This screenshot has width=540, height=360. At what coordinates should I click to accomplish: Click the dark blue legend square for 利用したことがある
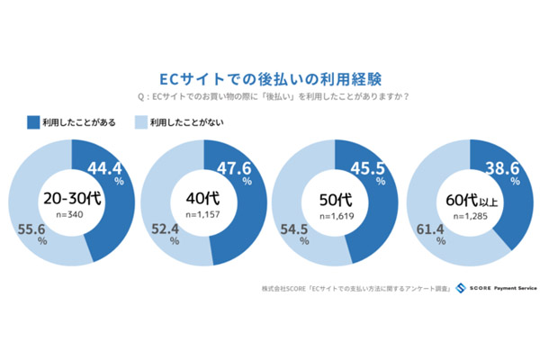(32, 120)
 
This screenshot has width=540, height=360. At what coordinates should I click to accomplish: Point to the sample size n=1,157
(202, 217)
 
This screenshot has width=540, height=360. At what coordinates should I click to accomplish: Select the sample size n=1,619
(335, 217)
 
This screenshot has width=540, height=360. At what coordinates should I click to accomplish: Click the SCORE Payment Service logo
(496, 290)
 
